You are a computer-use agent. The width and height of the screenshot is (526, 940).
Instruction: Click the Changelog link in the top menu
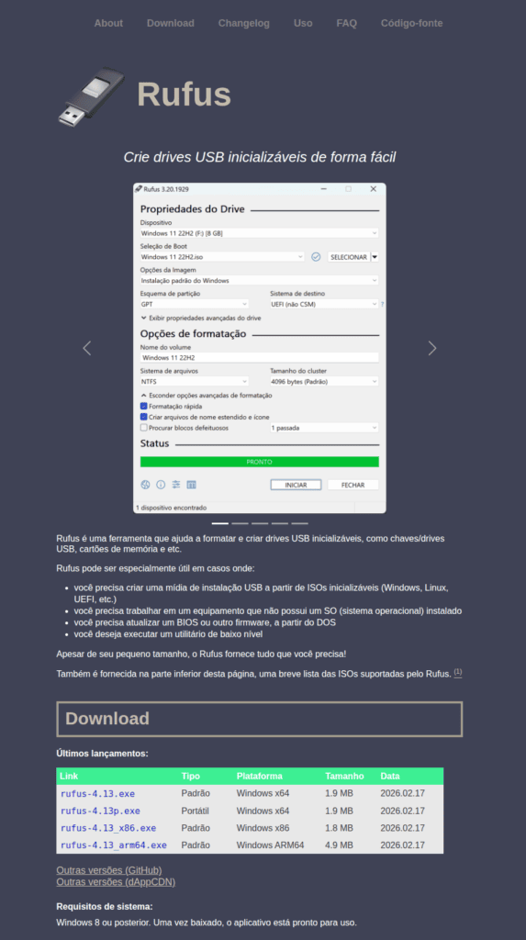click(243, 23)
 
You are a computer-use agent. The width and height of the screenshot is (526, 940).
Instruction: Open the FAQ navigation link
click(346, 23)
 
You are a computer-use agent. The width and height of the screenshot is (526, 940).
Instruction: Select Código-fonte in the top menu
click(411, 23)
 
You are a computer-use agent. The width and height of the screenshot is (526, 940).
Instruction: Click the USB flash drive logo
click(91, 95)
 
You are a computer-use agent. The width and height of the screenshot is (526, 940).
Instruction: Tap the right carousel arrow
click(432, 348)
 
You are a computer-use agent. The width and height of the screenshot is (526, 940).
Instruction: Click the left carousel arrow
click(87, 348)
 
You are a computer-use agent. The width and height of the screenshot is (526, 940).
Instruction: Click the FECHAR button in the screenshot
click(353, 485)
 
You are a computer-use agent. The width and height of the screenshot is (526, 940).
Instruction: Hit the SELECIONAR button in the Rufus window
click(348, 257)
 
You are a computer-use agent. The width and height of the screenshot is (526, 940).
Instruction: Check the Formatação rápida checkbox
click(144, 406)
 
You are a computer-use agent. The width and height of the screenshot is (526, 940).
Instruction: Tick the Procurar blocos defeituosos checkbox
click(144, 428)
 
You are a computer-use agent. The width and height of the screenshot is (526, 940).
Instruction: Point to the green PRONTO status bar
click(260, 462)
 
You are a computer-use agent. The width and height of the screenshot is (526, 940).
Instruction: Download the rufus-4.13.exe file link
click(97, 793)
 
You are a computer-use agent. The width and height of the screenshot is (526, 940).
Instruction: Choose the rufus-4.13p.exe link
click(100, 811)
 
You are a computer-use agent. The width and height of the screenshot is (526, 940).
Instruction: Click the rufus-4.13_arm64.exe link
click(114, 845)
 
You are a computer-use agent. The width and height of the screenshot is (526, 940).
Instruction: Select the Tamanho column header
click(344, 776)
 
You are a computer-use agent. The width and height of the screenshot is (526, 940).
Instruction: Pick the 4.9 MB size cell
click(339, 845)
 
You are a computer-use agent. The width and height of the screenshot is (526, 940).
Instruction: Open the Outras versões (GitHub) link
click(109, 870)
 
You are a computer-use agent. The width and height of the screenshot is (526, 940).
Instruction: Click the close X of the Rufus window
click(373, 189)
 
